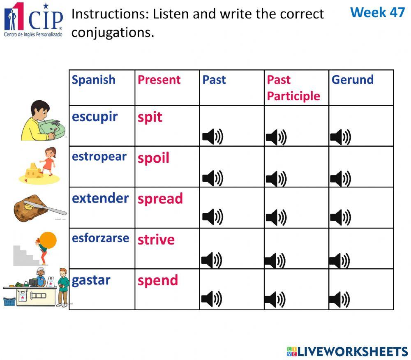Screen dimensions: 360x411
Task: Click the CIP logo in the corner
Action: pyautogui.click(x=34, y=20)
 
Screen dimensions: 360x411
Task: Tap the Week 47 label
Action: pyautogui.click(x=377, y=12)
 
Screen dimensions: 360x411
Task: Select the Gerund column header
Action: pyautogui.click(x=352, y=80)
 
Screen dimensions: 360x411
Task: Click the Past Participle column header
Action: pyautogui.click(x=293, y=88)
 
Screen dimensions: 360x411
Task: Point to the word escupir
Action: pyautogui.click(x=95, y=117)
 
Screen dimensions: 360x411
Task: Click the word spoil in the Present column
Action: pyautogui.click(x=153, y=158)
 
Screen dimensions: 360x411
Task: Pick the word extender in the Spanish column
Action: pyautogui.click(x=100, y=198)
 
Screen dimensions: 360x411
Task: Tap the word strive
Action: pyautogui.click(x=156, y=240)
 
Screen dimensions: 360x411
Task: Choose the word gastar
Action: pyautogui.click(x=91, y=280)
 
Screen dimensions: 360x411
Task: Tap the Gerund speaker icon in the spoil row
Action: pyautogui.click(x=340, y=178)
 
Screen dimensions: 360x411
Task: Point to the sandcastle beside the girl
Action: pyautogui.click(x=32, y=171)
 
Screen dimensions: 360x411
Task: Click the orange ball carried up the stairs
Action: pyautogui.click(x=48, y=239)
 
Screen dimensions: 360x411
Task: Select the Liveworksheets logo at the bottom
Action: pyautogui.click(x=347, y=351)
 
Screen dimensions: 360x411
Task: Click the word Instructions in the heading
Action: pyautogui.click(x=108, y=14)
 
